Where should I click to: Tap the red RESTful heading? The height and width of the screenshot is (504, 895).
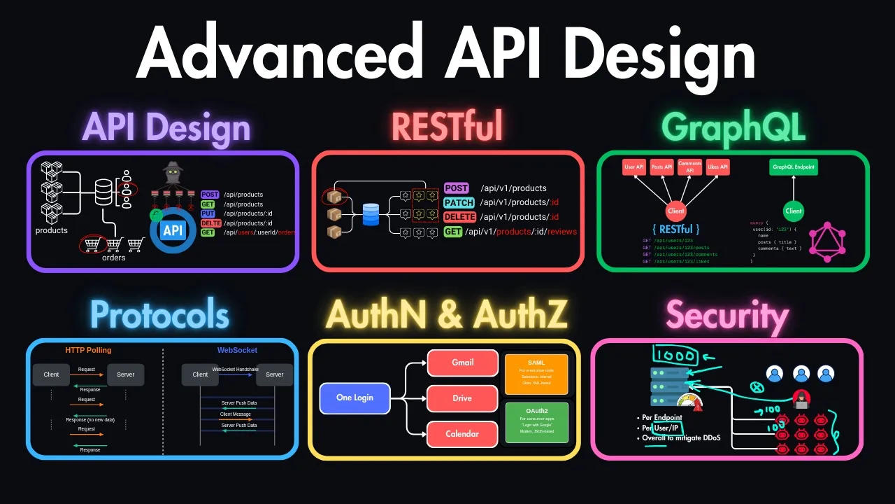pyautogui.click(x=447, y=127)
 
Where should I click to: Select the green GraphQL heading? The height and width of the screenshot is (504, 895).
pyautogui.click(x=733, y=127)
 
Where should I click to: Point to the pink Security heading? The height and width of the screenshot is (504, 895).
pyautogui.click(x=727, y=316)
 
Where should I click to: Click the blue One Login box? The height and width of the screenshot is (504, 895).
pyautogui.click(x=355, y=398)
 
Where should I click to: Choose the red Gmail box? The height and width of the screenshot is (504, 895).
pyautogui.click(x=462, y=363)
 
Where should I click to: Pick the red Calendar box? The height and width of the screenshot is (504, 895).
pyautogui.click(x=462, y=434)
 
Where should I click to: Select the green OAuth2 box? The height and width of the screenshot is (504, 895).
pyautogui.click(x=536, y=422)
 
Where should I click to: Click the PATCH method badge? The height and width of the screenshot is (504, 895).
pyautogui.click(x=459, y=203)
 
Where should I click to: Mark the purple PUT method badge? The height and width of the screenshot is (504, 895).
pyautogui.click(x=209, y=213)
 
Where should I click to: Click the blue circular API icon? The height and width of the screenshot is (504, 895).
pyautogui.click(x=172, y=230)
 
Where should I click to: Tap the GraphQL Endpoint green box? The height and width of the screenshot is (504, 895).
pyautogui.click(x=794, y=167)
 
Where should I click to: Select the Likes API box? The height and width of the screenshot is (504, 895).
pyautogui.click(x=718, y=167)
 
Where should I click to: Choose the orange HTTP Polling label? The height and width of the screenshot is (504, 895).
pyautogui.click(x=88, y=350)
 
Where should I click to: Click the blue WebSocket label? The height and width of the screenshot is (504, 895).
pyautogui.click(x=237, y=350)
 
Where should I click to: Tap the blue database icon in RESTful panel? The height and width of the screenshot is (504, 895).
pyautogui.click(x=371, y=214)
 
